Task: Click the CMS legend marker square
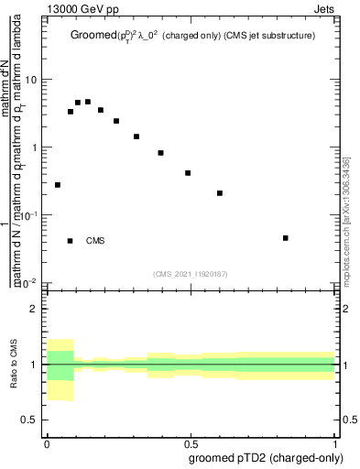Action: [x=71, y=241]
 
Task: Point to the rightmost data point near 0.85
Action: [x=286, y=238]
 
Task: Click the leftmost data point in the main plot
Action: [x=58, y=185]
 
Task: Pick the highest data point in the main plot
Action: [x=88, y=102]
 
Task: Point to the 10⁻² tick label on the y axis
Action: [x=28, y=282]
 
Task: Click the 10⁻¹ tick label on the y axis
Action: [x=28, y=214]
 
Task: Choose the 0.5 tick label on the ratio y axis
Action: [x=30, y=420]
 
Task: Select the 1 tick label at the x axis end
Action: [x=338, y=442]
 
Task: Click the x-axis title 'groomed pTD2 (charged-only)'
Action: [x=266, y=457]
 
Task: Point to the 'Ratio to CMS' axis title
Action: [x=14, y=364]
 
